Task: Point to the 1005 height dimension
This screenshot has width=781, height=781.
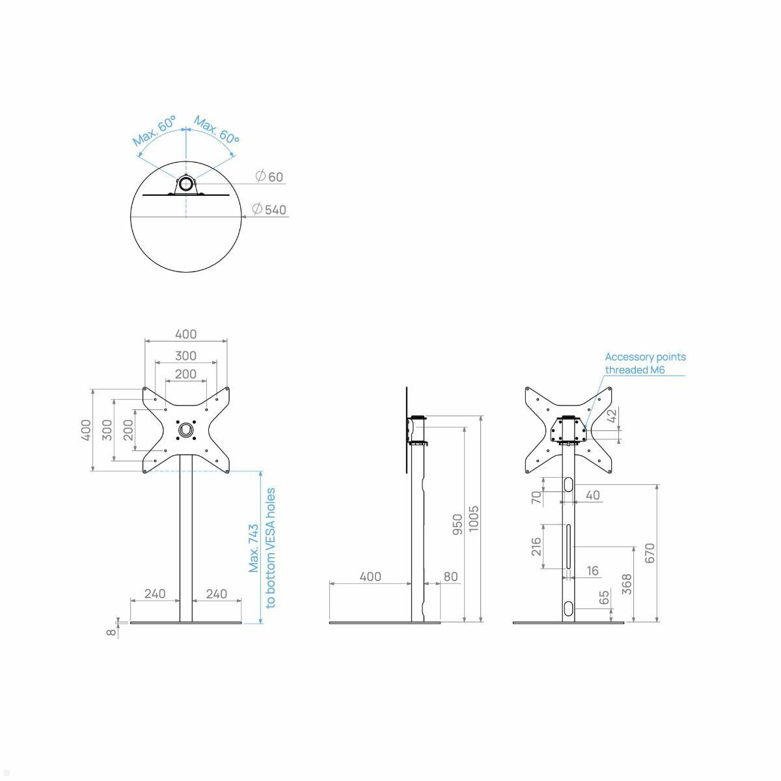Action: click(x=474, y=518)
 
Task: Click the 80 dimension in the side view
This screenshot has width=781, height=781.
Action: click(x=450, y=577)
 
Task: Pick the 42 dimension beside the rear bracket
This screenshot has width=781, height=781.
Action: click(x=612, y=417)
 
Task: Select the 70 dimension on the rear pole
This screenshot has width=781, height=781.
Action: click(x=537, y=498)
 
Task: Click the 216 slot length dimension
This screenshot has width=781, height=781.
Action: click(x=537, y=547)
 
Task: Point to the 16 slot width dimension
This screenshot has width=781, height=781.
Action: click(x=592, y=571)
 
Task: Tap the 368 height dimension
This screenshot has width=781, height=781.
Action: click(x=627, y=584)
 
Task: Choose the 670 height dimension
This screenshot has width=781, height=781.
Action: click(x=650, y=553)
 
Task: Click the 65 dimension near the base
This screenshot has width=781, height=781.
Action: click(x=605, y=597)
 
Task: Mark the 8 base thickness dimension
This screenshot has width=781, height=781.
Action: click(x=112, y=631)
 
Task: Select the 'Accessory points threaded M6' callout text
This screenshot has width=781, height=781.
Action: click(x=644, y=363)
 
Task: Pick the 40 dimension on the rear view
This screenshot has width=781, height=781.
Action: click(x=592, y=495)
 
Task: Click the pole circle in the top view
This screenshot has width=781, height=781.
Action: click(x=186, y=184)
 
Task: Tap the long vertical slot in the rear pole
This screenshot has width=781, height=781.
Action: click(x=569, y=547)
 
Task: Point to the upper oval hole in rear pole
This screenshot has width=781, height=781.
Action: click(x=569, y=484)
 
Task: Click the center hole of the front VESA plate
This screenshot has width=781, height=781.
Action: click(x=186, y=430)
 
